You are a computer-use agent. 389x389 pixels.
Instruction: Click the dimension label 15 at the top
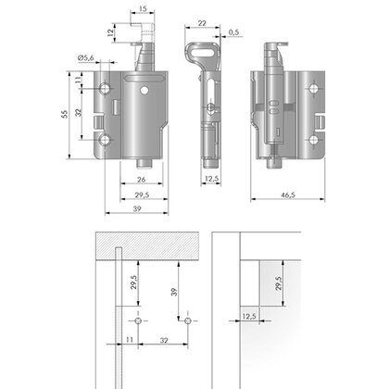coord(143,8)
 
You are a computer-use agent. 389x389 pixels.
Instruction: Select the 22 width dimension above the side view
coord(202,23)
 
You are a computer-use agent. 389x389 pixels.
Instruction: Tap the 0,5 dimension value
coord(234,32)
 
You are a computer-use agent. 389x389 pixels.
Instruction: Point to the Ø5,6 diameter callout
coord(86,57)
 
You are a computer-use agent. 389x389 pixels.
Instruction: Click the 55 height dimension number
coord(64,114)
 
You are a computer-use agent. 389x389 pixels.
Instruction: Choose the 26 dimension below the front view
coord(141,180)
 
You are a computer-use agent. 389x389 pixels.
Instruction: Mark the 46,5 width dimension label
coord(288,194)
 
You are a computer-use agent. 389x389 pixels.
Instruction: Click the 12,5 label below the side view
coord(211,179)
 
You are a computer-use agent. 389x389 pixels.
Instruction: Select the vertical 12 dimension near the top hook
coord(110,33)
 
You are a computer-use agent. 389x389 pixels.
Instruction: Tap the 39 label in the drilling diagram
coord(174,292)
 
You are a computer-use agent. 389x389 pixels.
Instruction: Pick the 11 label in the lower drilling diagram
coord(130,340)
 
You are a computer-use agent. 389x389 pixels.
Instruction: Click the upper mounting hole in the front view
coord(105,89)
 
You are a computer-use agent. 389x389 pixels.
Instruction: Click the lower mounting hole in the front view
coord(105,140)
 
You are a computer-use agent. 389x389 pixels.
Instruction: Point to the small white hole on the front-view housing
coord(144,91)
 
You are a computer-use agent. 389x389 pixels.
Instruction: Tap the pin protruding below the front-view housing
coord(144,163)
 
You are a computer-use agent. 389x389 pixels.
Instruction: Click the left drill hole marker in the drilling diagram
coord(138,320)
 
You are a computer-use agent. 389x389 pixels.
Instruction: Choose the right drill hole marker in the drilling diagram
coord(188,320)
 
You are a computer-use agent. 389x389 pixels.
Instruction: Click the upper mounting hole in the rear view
coord(314,89)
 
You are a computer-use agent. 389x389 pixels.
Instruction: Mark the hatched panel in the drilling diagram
coord(147,245)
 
